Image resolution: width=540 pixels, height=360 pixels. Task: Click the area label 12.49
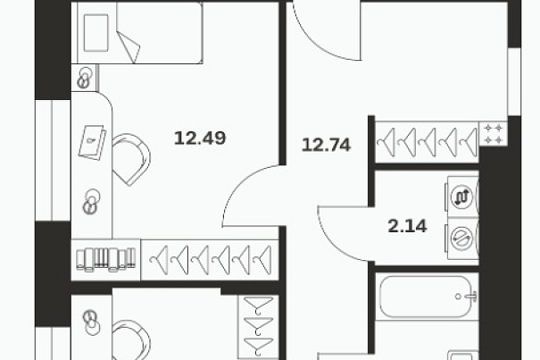pyautogui.click(x=200, y=138)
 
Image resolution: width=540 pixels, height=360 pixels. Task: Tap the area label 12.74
pyautogui.click(x=326, y=145)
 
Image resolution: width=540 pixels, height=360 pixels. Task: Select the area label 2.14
pyautogui.click(x=407, y=226)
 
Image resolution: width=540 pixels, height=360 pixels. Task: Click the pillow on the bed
pyautogui.click(x=96, y=33)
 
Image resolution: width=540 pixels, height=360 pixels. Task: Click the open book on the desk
pyautogui.click(x=92, y=142)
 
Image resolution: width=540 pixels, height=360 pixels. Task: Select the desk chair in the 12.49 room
pyautogui.click(x=131, y=159)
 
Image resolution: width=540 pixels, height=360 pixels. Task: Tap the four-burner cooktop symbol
pyautogui.click(x=494, y=134)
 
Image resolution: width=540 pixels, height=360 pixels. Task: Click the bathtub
pyautogui.click(x=427, y=297)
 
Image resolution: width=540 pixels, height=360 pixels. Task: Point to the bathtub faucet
pyautogui.click(x=469, y=296)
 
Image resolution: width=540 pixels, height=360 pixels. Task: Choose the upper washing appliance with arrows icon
pyautogui.click(x=461, y=197)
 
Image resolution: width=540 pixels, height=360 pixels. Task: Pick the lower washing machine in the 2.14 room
pyautogui.click(x=461, y=239)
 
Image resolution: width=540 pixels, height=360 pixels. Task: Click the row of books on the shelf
pyautogui.click(x=106, y=259)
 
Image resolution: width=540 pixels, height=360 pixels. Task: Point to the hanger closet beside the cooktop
pyautogui.click(x=427, y=142)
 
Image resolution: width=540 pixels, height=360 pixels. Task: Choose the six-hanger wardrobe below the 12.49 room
pyautogui.click(x=210, y=260)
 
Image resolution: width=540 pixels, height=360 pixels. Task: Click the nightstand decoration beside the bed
pyautogui.click(x=85, y=78)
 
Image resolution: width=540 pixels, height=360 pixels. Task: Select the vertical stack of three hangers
pyautogui.click(x=258, y=326)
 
